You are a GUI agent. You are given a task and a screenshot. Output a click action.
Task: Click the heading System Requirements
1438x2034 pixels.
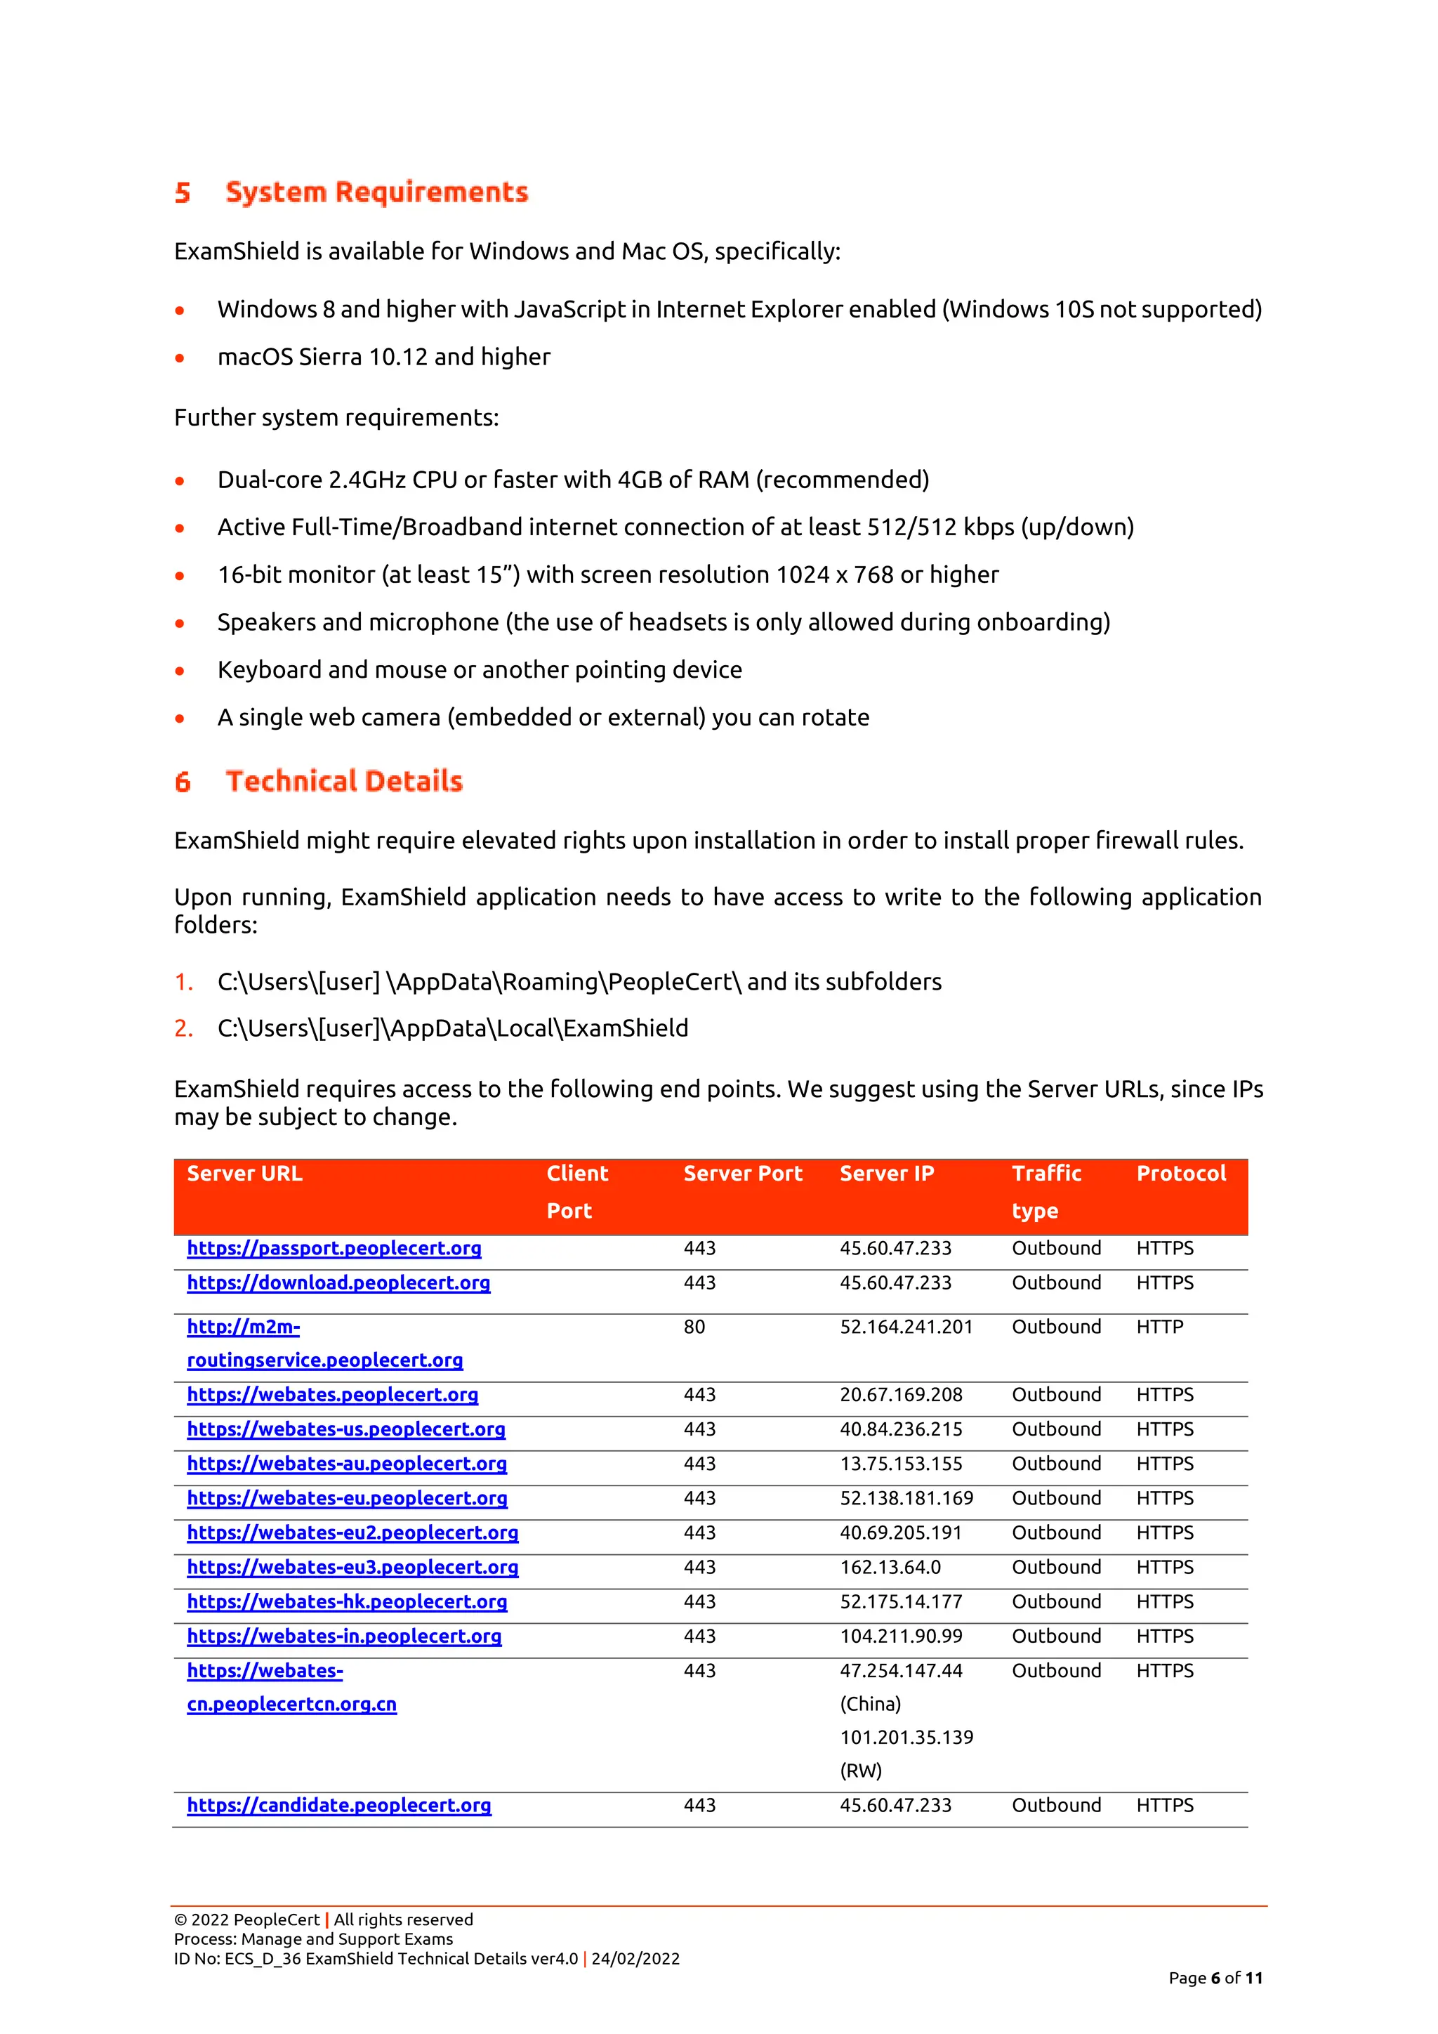point(376,192)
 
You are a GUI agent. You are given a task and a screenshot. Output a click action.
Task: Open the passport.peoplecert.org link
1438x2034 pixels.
point(334,1248)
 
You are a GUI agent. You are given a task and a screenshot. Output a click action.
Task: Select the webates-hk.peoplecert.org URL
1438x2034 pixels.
point(346,1601)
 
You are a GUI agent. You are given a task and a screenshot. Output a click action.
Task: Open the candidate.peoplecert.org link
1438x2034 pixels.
point(338,1806)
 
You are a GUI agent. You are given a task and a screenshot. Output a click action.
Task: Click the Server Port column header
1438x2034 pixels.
point(742,1174)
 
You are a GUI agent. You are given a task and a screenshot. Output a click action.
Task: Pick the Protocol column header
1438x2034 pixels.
point(1180,1174)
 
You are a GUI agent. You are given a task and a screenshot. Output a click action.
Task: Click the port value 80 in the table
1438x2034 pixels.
point(694,1327)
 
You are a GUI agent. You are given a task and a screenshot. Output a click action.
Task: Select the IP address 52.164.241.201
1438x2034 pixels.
point(906,1327)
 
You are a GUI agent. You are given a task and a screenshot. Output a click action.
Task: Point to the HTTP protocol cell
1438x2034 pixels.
point(1159,1327)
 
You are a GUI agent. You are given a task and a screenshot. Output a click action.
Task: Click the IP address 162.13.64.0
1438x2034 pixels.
point(890,1567)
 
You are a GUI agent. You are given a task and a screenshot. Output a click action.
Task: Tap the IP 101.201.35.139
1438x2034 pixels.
point(906,1737)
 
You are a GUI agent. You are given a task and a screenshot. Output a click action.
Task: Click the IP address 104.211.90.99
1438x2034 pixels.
point(901,1636)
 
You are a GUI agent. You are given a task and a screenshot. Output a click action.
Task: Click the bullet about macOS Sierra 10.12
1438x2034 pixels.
point(383,357)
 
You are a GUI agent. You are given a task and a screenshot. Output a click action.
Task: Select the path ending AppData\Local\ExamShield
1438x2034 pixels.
point(452,1028)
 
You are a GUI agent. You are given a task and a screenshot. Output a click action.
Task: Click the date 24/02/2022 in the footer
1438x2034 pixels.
point(635,1959)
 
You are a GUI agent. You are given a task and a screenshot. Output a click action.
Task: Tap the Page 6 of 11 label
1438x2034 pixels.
point(1215,1979)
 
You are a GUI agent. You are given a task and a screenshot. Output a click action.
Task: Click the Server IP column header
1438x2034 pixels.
point(886,1174)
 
